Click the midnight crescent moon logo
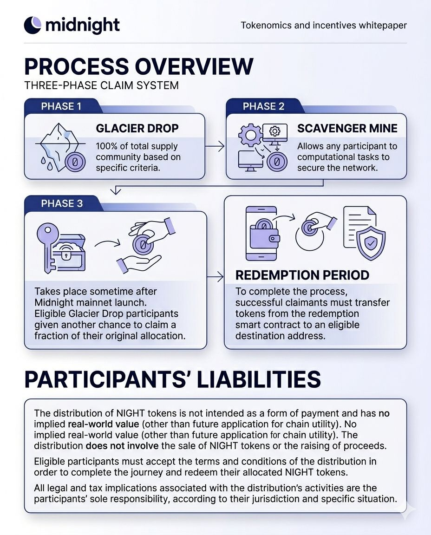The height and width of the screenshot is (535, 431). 33,25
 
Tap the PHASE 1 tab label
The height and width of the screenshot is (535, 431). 61,106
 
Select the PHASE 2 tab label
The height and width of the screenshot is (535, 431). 263,106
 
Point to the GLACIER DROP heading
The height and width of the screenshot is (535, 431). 137,129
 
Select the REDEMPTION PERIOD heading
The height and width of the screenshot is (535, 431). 302,275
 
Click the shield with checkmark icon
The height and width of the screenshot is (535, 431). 371,242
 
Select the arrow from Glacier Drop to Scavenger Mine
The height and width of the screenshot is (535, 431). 215,147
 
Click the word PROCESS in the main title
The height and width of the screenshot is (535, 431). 74,66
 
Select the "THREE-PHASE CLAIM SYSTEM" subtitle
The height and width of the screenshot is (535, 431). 101,86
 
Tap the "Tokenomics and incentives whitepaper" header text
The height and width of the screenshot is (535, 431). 324,25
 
